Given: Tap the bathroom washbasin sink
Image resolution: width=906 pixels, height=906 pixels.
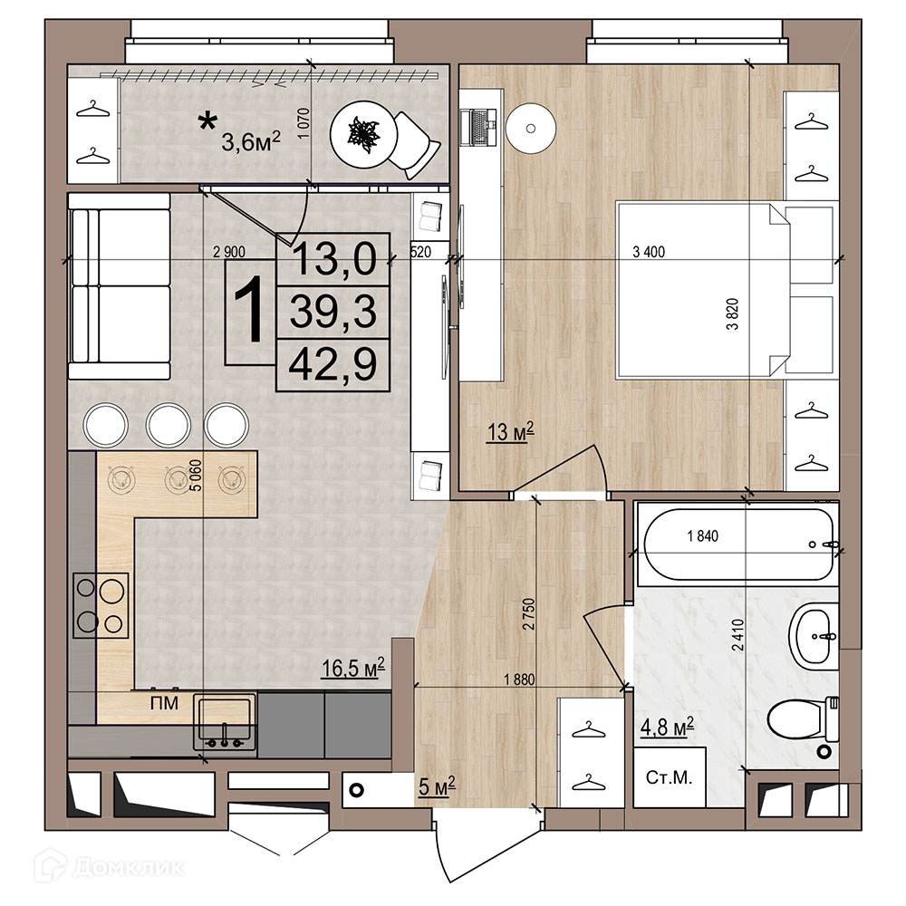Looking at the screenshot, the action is tap(813, 636).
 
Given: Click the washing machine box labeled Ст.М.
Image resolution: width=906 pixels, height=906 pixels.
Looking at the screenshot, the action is tap(670, 777).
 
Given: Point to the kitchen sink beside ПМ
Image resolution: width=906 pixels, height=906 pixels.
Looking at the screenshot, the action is tap(225, 720).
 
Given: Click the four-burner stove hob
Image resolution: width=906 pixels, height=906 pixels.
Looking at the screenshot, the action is tap(101, 605).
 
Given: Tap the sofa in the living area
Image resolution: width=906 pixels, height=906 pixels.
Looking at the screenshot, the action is tap(120, 286).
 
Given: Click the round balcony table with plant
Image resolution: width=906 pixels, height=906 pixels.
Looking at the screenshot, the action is tap(364, 137).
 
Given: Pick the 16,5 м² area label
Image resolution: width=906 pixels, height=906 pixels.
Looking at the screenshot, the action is tap(353, 668).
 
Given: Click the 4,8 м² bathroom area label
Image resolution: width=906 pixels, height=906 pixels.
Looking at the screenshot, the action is tap(667, 727).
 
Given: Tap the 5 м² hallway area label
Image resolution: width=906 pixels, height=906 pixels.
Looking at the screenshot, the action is tap(437, 786).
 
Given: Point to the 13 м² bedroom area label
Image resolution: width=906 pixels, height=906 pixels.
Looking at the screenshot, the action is tap(510, 431).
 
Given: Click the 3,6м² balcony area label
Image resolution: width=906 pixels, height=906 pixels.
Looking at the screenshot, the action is tap(251, 141).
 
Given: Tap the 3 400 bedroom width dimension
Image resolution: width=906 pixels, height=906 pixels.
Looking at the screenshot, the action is tap(649, 252).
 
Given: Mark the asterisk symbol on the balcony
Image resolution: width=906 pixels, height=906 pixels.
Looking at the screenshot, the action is tap(207, 121).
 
